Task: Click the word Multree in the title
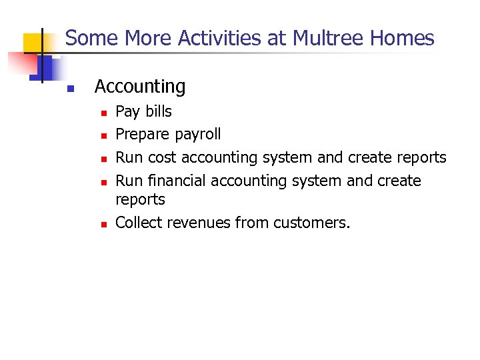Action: [337, 38]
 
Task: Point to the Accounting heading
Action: [140, 87]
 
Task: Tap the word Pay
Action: [125, 111]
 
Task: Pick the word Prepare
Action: [142, 134]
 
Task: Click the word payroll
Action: [197, 135]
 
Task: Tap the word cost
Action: [162, 157]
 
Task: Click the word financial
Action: [176, 181]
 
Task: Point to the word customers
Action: [312, 222]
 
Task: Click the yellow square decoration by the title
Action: [33, 43]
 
